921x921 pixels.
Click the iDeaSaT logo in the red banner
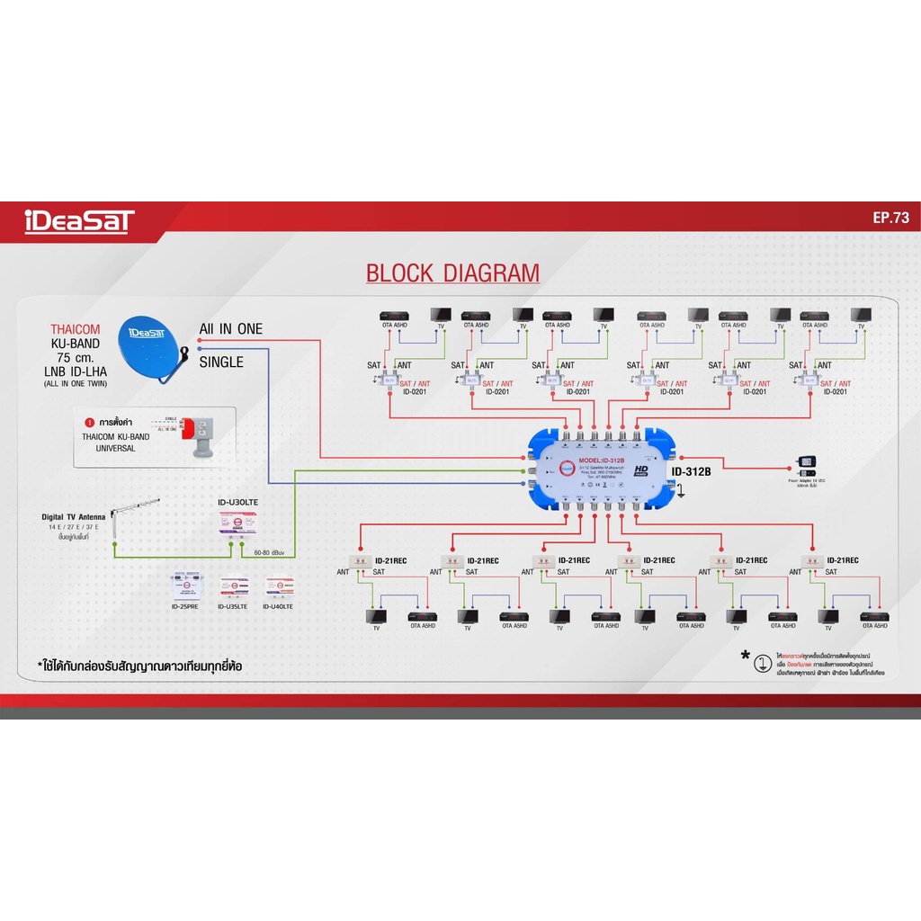tap(80, 221)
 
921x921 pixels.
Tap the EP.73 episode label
tap(891, 218)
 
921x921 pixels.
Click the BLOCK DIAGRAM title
tap(452, 273)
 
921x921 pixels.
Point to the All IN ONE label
tap(231, 329)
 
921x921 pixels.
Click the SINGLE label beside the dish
tap(221, 362)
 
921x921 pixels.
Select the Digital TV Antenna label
tap(76, 516)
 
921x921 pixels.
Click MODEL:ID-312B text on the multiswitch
tap(607, 461)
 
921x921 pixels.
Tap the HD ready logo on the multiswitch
tap(642, 471)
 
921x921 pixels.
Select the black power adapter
tap(806, 465)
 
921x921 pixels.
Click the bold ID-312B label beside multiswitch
tap(692, 472)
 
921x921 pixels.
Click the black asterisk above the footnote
tap(746, 656)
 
